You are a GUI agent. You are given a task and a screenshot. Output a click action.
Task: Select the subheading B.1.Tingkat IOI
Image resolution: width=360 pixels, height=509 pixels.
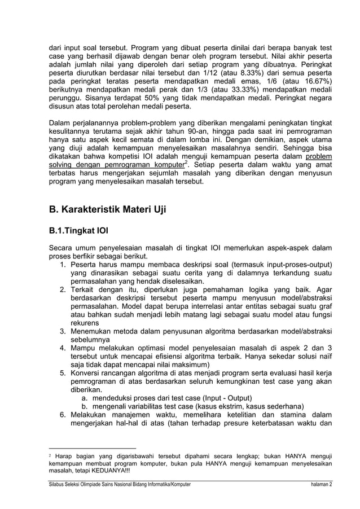click(78, 231)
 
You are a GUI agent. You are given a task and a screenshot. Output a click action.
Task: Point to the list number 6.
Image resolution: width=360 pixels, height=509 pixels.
click(64, 415)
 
